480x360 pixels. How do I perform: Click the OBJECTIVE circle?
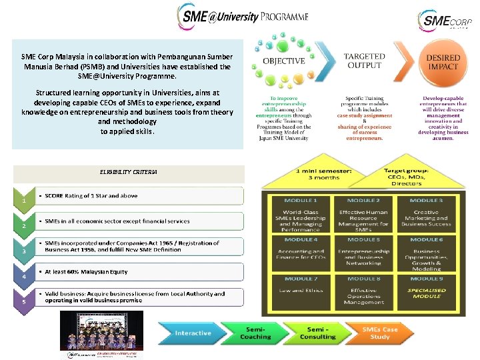[x=284, y=61]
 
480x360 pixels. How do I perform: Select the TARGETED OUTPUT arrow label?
[x=363, y=61]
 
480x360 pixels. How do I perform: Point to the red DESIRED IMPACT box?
[x=443, y=63]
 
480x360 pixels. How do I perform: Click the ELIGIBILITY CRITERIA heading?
[x=129, y=172]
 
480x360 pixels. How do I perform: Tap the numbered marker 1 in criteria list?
[x=24, y=199]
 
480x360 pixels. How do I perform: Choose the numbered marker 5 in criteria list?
[x=24, y=301]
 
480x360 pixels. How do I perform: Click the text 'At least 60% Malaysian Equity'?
[x=87, y=272]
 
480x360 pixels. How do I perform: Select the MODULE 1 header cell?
[x=301, y=201]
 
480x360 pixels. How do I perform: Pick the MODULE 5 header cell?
[x=363, y=239]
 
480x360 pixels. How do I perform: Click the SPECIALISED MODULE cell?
[x=426, y=293]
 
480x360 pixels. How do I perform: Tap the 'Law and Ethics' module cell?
[x=301, y=291]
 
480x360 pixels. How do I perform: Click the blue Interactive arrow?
[x=191, y=333]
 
